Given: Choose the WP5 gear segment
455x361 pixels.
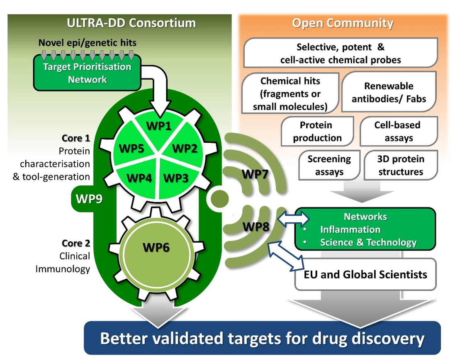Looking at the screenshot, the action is [131, 148].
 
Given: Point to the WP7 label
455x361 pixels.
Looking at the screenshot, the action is [255, 174].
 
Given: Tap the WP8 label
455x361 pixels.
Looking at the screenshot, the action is [255, 226].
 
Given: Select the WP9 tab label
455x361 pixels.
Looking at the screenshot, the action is [89, 199].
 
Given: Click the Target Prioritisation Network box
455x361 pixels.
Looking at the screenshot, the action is [87, 73].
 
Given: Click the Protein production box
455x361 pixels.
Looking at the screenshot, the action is [317, 131].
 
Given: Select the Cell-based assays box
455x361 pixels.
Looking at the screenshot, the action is [399, 131].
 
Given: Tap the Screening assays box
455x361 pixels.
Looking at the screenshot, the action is [329, 165].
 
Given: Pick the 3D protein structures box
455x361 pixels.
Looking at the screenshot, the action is [401, 165].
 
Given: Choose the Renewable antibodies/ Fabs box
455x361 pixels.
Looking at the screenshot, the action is [389, 92].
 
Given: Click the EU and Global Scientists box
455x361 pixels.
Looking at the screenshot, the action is [365, 274].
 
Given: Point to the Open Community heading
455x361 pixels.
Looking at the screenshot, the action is [343, 23].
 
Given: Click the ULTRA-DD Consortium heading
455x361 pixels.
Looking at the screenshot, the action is [131, 23].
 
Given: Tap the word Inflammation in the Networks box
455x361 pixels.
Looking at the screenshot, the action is [350, 229].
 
